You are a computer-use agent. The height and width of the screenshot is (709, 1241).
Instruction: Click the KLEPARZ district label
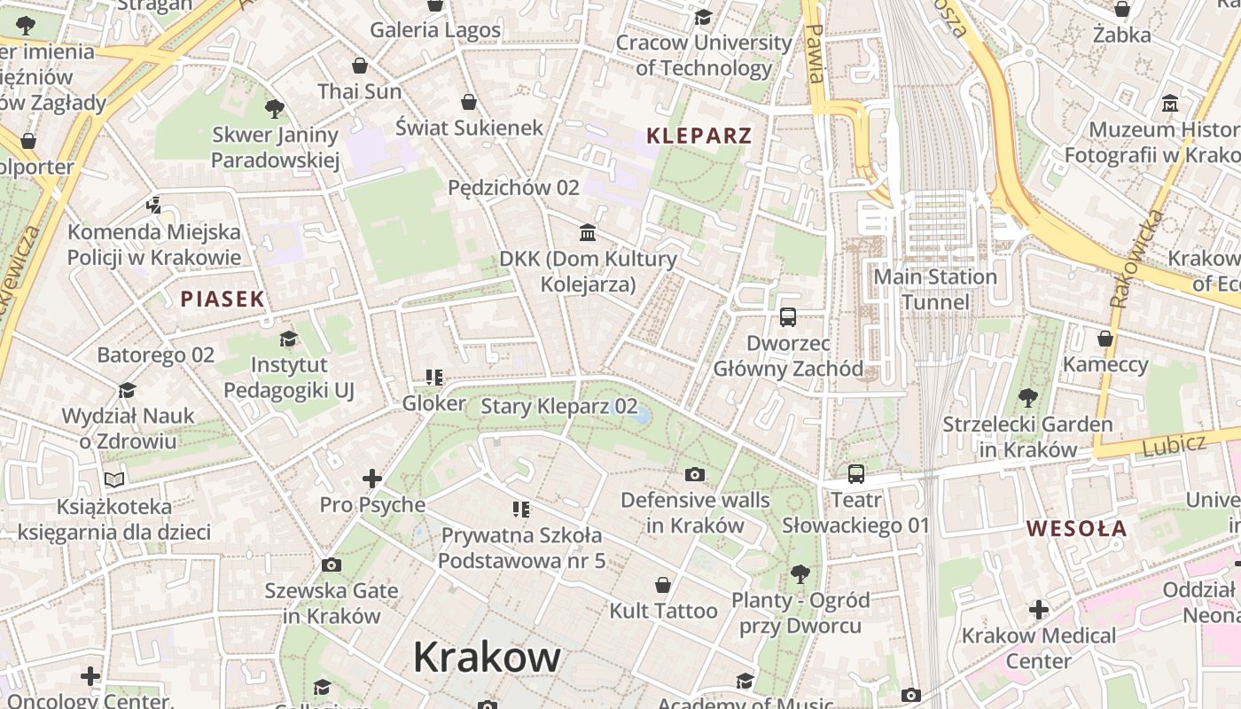[699, 136]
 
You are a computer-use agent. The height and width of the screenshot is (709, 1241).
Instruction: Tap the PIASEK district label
[222, 299]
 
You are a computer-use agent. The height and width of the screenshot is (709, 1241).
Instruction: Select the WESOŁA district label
[1077, 528]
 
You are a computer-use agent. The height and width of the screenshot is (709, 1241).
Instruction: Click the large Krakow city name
[487, 658]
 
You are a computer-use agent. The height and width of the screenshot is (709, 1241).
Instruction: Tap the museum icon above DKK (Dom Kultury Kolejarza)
[587, 233]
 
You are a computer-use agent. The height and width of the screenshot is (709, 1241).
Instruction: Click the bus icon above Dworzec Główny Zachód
[787, 316]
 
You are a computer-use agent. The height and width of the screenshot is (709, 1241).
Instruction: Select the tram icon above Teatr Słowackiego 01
[855, 474]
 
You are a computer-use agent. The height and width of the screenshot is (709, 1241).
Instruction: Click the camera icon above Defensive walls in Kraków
[695, 474]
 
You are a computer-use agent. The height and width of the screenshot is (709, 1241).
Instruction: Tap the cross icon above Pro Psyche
[372, 479]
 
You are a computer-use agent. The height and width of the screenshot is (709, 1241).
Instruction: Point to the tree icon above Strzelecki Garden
[1027, 398]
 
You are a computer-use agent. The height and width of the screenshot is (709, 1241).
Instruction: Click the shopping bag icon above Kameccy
[1104, 339]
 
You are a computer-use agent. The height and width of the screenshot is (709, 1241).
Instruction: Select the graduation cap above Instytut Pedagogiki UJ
[288, 339]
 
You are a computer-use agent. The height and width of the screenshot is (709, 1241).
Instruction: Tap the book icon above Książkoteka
[114, 479]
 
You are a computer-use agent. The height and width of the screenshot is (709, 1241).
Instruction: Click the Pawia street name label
[815, 53]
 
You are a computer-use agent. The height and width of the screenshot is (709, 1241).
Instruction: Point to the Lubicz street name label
[1174, 443]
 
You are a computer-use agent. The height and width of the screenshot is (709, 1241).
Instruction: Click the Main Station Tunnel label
[935, 290]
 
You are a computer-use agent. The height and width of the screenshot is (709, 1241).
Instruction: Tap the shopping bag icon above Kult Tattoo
[662, 585]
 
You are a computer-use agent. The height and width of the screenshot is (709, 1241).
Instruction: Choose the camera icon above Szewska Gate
[332, 565]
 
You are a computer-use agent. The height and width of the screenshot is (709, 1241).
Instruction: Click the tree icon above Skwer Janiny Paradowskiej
[275, 109]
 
